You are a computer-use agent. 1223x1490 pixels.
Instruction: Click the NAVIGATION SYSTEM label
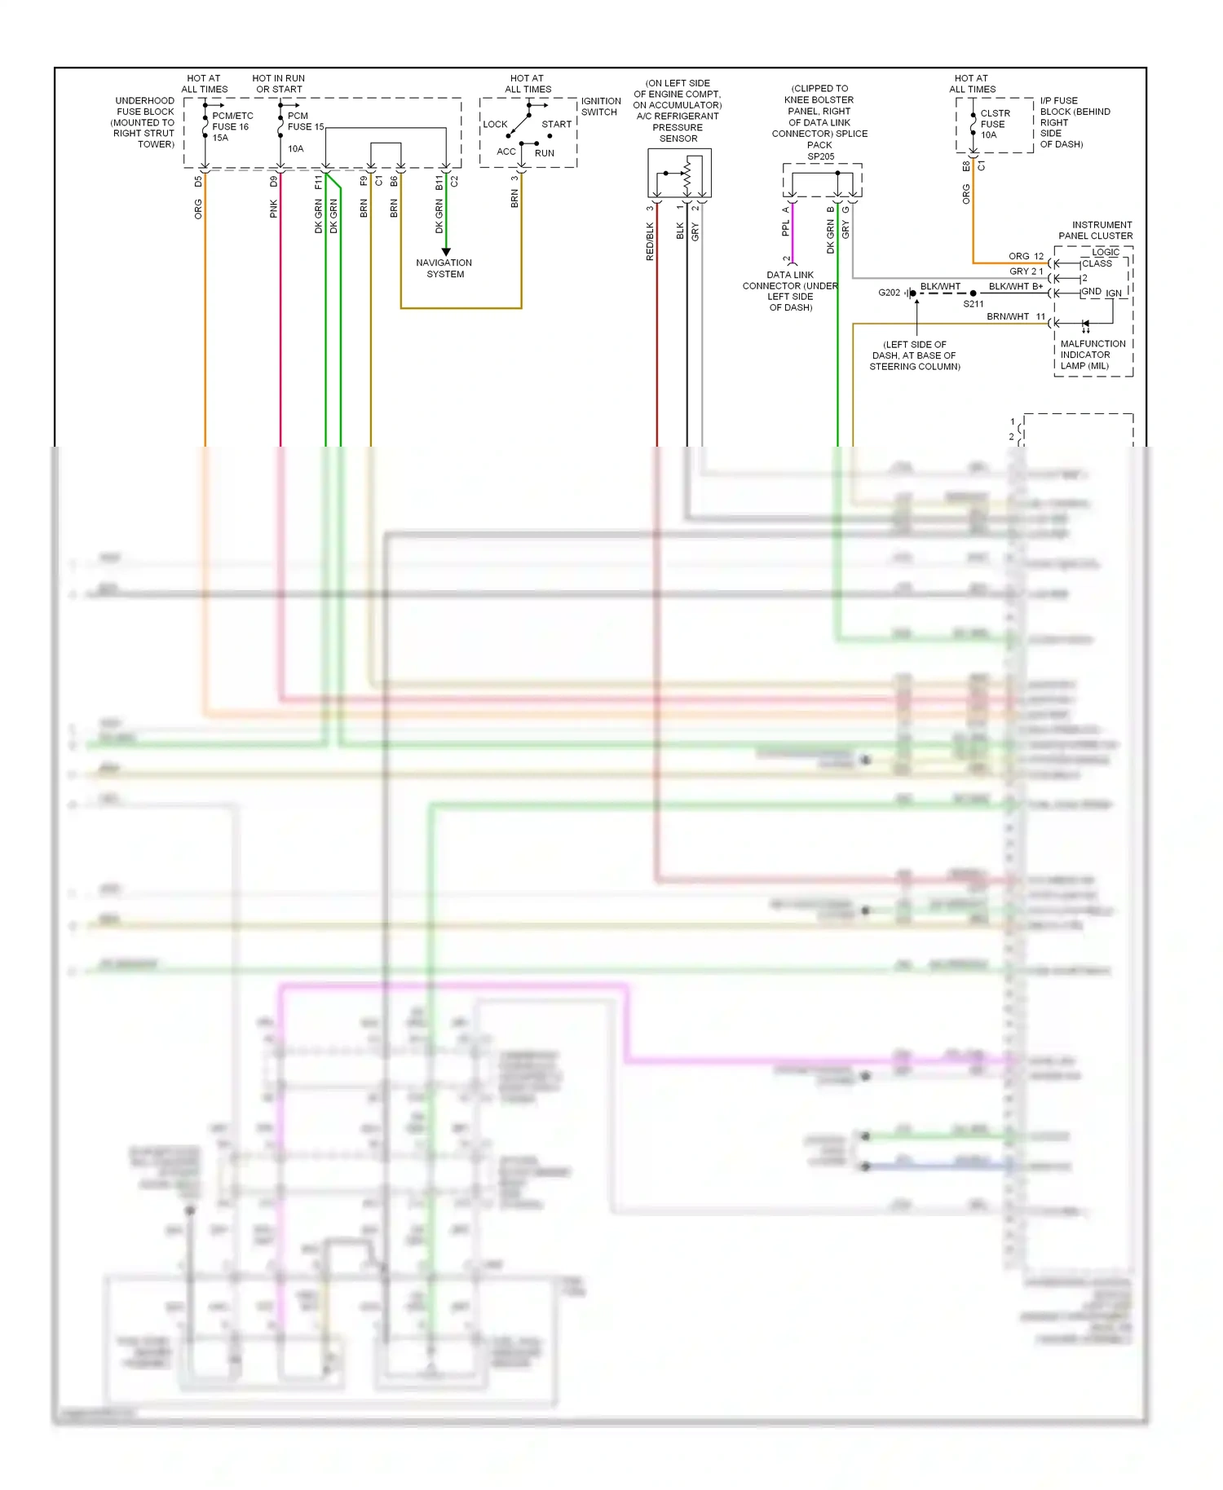[444, 268]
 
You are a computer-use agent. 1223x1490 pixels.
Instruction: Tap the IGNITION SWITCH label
[600, 107]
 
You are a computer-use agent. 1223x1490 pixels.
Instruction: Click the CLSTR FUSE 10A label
[995, 124]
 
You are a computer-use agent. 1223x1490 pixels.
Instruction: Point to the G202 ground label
[889, 293]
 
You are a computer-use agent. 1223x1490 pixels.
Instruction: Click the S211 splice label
[974, 304]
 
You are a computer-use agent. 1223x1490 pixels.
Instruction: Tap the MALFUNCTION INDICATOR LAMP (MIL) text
[1092, 355]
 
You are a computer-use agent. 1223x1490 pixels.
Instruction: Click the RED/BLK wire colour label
[650, 241]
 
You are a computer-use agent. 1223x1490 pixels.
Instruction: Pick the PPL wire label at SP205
[785, 227]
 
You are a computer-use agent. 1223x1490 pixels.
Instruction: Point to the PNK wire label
[273, 209]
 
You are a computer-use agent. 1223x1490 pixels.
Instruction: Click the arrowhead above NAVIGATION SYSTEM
[446, 252]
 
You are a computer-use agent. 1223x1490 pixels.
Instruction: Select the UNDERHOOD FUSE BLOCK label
[144, 122]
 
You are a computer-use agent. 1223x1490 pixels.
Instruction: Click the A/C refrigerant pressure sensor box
[679, 173]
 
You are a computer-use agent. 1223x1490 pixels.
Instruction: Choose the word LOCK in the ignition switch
[495, 125]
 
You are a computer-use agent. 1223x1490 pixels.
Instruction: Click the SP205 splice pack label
[820, 156]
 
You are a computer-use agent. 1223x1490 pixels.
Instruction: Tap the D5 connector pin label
[198, 181]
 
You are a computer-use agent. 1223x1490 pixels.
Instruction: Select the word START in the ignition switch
[556, 125]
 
